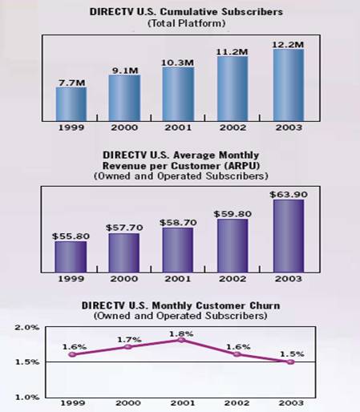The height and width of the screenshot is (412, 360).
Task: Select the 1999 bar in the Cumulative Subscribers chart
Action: (x=71, y=102)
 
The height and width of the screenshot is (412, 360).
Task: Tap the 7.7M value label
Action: (x=71, y=81)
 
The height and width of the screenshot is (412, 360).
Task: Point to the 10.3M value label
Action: (x=179, y=61)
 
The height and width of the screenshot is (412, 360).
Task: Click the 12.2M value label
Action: (x=288, y=44)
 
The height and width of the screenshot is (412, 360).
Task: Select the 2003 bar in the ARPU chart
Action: (x=288, y=236)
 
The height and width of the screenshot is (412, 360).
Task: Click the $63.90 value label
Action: (x=288, y=192)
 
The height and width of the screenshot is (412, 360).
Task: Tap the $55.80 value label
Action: (x=71, y=235)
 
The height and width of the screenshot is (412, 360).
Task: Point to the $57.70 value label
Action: (x=125, y=228)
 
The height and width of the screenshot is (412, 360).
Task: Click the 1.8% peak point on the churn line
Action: (x=180, y=340)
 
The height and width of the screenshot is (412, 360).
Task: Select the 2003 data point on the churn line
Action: (x=290, y=362)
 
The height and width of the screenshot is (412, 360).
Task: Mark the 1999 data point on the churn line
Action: (x=72, y=354)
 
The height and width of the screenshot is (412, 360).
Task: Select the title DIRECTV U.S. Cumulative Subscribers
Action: (x=179, y=13)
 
